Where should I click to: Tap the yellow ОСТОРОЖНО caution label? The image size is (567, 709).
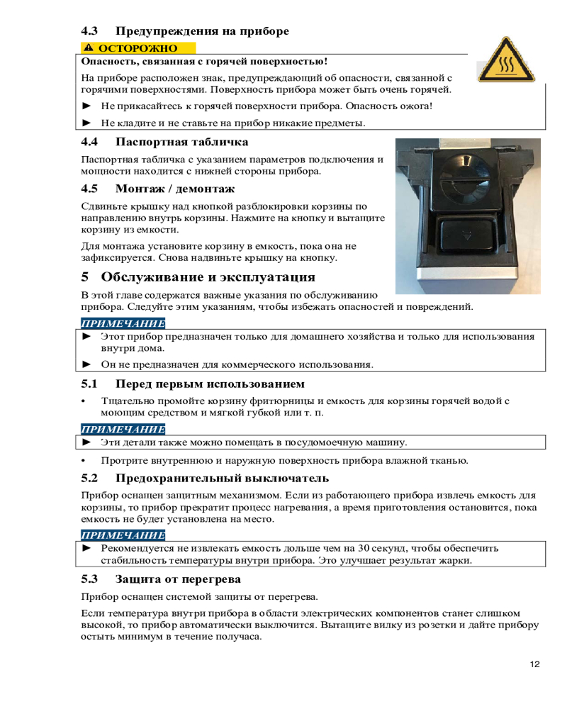click(x=138, y=48)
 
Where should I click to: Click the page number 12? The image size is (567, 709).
click(x=534, y=664)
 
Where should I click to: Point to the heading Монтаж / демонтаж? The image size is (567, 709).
click(x=174, y=189)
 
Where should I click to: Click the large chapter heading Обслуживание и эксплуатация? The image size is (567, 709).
click(x=208, y=277)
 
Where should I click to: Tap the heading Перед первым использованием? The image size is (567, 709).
click(x=210, y=384)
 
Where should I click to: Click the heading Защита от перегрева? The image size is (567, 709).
click(x=178, y=579)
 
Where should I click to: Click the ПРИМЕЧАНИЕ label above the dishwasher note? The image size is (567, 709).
click(x=123, y=429)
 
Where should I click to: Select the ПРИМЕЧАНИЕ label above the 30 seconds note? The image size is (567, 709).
click(x=123, y=535)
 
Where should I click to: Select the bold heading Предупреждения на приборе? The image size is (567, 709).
click(x=202, y=31)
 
